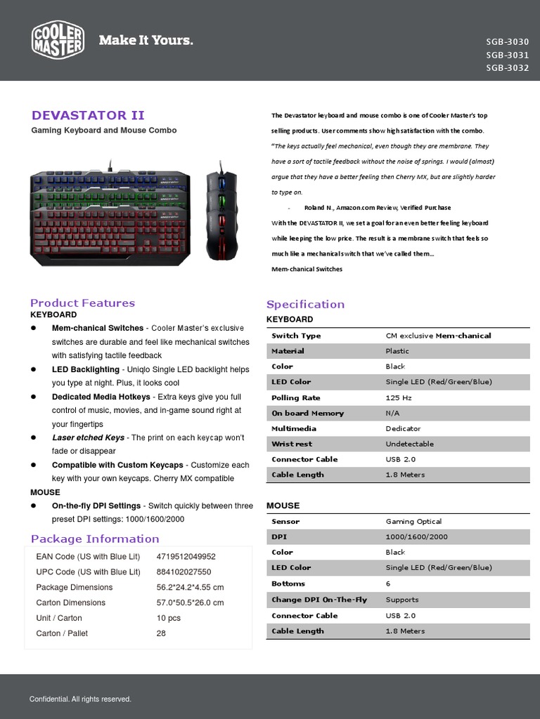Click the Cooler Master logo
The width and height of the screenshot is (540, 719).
pyautogui.click(x=58, y=39)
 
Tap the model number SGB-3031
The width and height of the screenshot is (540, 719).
pyautogui.click(x=506, y=55)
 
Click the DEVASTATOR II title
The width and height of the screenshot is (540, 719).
pyautogui.click(x=88, y=115)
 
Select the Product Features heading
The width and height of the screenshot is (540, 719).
pyautogui.click(x=82, y=303)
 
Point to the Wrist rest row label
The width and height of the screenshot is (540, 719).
pyautogui.click(x=292, y=444)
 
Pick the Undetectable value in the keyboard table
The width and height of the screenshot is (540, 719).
pyautogui.click(x=409, y=444)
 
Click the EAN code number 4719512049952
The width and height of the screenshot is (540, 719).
pyautogui.click(x=186, y=556)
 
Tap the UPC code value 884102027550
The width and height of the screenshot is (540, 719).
pyautogui.click(x=184, y=572)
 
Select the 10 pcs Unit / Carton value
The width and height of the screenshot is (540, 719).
pyautogui.click(x=169, y=618)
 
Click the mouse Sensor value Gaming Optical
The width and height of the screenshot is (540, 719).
pyautogui.click(x=413, y=522)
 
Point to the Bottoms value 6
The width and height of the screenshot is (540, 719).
pyautogui.click(x=388, y=583)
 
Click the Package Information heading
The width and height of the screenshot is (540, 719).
pyautogui.click(x=95, y=539)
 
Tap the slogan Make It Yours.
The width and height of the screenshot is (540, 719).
pyautogui.click(x=146, y=40)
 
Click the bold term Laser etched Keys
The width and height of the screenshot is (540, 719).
pyautogui.click(x=88, y=437)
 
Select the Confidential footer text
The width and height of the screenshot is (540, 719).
pyautogui.click(x=80, y=699)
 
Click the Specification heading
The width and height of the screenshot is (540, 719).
pyautogui.click(x=305, y=304)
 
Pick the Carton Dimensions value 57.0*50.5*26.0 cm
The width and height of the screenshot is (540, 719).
pyautogui.click(x=190, y=602)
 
